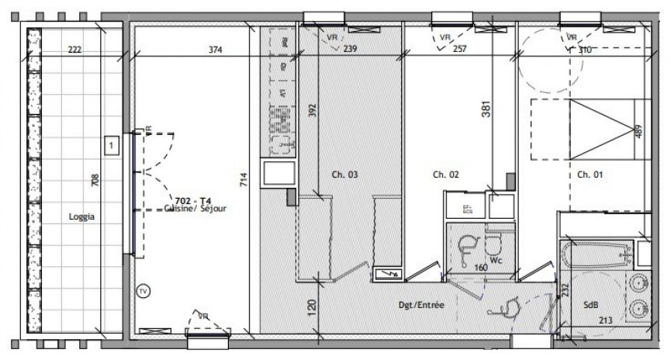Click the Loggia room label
[81, 218]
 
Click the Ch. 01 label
[590, 175]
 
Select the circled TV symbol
[142, 292]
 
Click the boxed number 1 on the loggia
[112, 145]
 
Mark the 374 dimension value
[216, 50]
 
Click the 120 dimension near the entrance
[312, 306]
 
